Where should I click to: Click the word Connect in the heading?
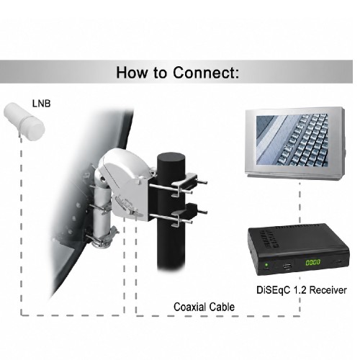pos(206,72)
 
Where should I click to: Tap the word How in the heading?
pos(132,72)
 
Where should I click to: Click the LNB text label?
pos(42,104)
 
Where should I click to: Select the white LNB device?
pos(24,121)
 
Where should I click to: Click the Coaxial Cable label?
pos(204,307)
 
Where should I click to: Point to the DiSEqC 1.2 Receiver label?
pos(302,290)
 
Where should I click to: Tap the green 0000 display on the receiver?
pos(312,262)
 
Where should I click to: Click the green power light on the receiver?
pos(266,265)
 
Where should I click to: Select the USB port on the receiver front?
pos(287,266)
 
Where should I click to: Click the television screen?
pos(292,140)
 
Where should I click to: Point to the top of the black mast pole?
pos(171,158)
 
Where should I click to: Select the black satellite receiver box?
pos(298,249)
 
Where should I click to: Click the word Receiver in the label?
pos(328,290)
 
